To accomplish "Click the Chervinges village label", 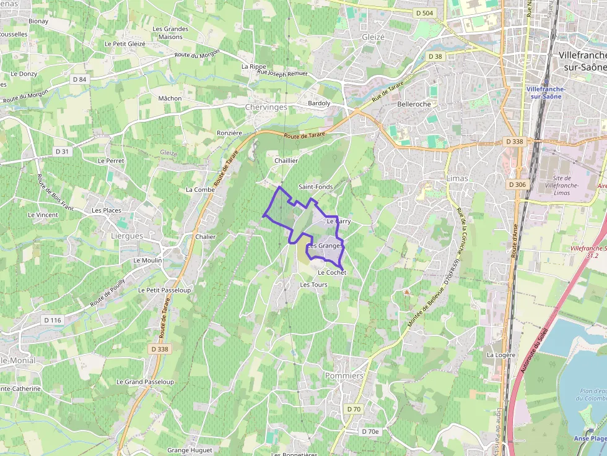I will tap(266, 107).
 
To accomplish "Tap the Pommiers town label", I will tap(344, 376).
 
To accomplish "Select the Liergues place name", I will tap(126, 236).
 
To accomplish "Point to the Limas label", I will tap(457, 178).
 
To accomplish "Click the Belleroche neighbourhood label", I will tap(414, 104).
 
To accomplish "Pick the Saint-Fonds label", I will tap(315, 186).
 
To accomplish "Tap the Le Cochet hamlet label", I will tap(331, 272).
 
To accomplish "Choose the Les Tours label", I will tap(313, 285).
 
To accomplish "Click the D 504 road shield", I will tap(425, 13).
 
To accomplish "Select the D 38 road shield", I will tap(435, 56).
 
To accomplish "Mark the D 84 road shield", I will tap(79, 79).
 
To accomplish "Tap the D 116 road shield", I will tap(53, 320).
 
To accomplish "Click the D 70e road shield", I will tap(370, 431).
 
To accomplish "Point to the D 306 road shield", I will tap(517, 184).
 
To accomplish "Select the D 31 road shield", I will tap(63, 152).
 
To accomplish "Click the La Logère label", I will tap(500, 355).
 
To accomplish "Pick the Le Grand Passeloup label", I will tap(145, 382).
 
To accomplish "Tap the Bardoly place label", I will tap(319, 103).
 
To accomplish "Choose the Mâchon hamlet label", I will tap(170, 98).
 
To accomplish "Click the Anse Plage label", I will tap(590, 439).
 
